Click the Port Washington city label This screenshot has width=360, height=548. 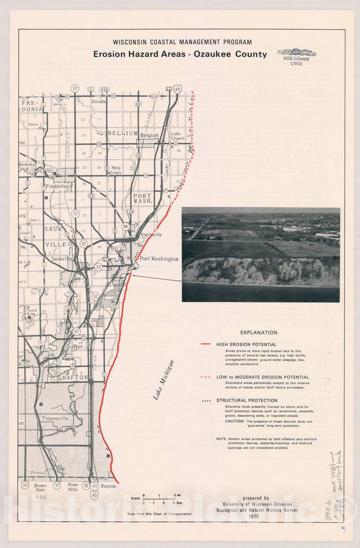click(159, 259)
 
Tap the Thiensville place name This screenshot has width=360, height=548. click(55, 419)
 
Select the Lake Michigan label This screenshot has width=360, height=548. click(164, 380)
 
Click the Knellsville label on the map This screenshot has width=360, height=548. click(151, 235)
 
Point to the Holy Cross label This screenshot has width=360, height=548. click(116, 170)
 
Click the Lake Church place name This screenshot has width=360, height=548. click(178, 136)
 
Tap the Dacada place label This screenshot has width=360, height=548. click(99, 101)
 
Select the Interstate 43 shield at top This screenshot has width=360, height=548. click(177, 89)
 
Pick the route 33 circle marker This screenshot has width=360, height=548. click(99, 267)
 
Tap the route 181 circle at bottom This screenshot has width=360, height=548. click(25, 485)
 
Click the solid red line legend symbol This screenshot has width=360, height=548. click(206, 344)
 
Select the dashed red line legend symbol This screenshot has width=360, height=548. click(206, 377)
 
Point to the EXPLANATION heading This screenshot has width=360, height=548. click(259, 333)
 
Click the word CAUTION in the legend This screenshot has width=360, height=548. click(235, 421)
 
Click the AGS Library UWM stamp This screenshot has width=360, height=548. click(296, 57)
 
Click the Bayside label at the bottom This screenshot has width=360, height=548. click(109, 486)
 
